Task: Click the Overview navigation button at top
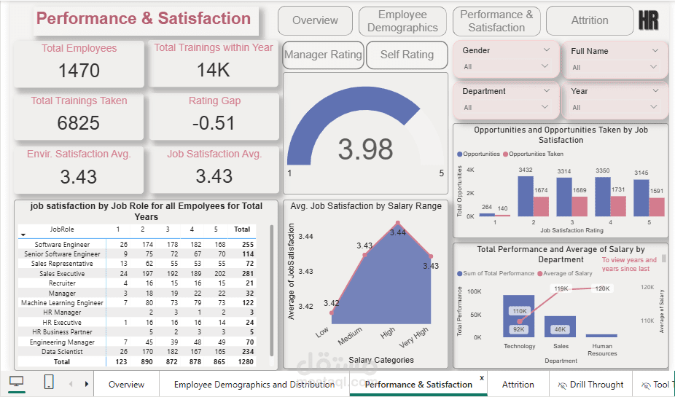click(315, 20)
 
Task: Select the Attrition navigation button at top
click(590, 20)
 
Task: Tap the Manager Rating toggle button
click(323, 55)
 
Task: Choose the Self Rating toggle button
click(407, 55)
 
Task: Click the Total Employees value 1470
click(79, 71)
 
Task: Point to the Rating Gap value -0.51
click(214, 123)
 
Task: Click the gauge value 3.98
click(365, 149)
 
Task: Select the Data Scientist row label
click(62, 351)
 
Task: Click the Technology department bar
click(518, 317)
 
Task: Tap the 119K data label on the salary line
click(561, 289)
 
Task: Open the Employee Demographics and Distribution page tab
click(254, 384)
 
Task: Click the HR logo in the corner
click(648, 20)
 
